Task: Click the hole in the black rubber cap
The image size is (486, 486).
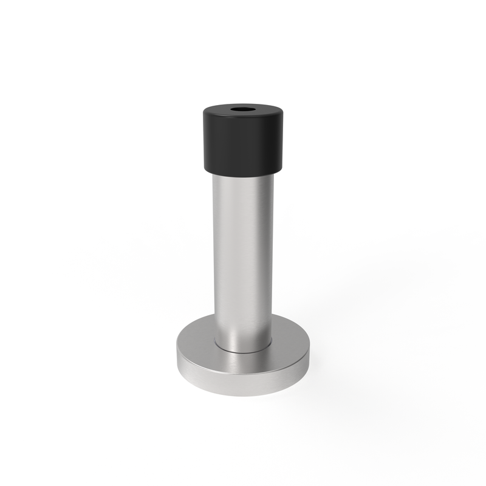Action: (x=243, y=111)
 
